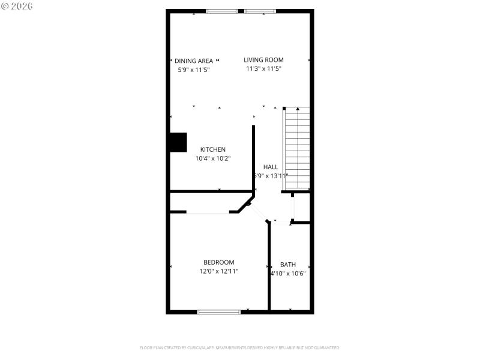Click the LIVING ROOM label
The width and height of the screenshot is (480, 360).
263,60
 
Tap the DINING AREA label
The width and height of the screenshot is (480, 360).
194,61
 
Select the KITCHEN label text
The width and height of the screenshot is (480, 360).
213,149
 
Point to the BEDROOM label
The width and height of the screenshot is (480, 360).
219,262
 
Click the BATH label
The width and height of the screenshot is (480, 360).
288,265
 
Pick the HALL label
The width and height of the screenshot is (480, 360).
271,167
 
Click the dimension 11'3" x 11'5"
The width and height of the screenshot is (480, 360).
263,69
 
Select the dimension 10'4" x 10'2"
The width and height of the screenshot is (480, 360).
213,158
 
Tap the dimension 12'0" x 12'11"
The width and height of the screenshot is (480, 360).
219,271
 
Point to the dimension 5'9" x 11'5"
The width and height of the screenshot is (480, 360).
194,70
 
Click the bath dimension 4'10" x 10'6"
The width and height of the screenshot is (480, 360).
289,274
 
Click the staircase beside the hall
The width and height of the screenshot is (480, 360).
297,149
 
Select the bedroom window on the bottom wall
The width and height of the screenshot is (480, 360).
219,311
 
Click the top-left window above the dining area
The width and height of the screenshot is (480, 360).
221,11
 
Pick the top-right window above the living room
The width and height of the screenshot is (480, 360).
260,11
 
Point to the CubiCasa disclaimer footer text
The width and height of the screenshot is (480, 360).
240,347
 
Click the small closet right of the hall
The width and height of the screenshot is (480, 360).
301,208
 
